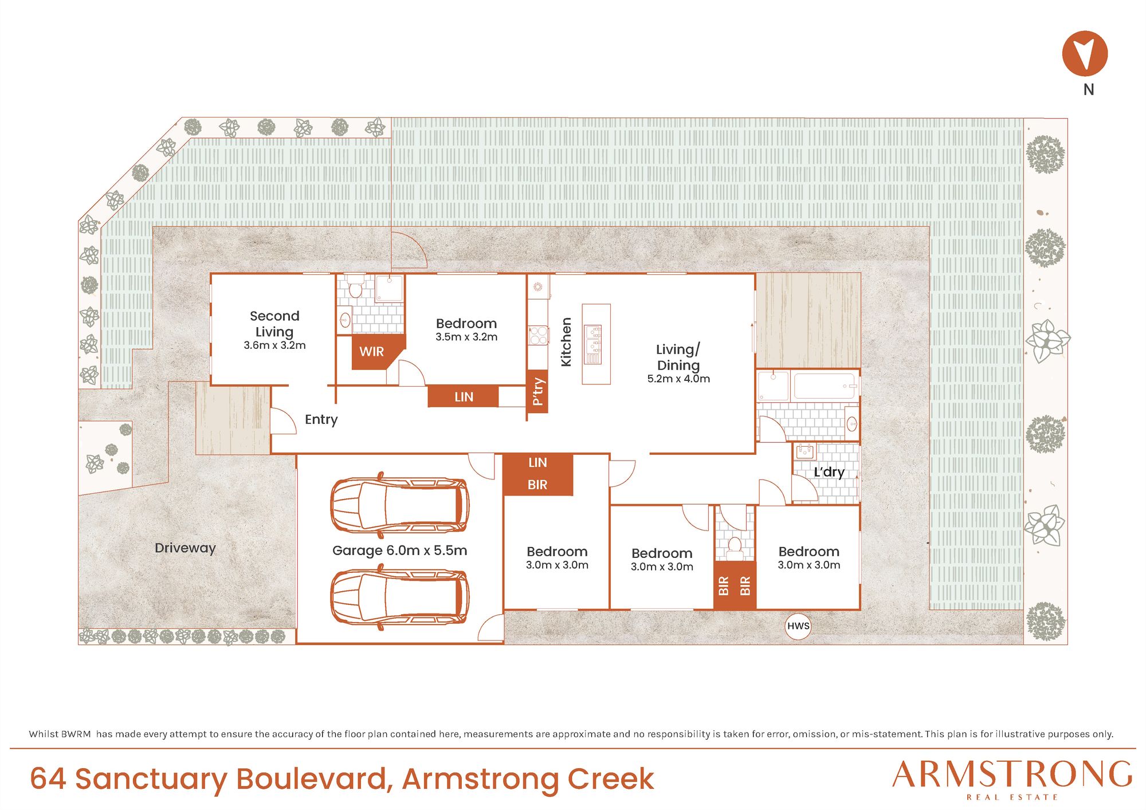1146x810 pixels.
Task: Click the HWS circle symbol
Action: pos(798,626)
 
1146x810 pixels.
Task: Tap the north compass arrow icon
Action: pos(1085,53)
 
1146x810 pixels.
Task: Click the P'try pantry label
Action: pos(537,392)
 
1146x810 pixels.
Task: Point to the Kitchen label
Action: pos(566,342)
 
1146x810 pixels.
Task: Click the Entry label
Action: pos(321,419)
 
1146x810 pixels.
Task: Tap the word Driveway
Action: pos(185,548)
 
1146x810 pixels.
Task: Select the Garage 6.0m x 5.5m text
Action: pos(399,551)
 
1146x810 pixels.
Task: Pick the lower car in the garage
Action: pos(399,597)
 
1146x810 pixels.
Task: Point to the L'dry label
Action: pos(829,472)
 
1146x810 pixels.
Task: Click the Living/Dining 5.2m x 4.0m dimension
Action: pos(678,379)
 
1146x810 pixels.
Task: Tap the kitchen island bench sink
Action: pos(593,344)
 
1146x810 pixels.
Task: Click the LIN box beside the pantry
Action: pos(463,396)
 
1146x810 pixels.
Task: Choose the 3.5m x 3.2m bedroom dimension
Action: pos(466,337)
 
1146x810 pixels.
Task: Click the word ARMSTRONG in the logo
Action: pos(1012,774)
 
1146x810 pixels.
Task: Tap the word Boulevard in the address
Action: pos(315,779)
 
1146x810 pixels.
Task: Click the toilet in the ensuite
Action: pos(355,286)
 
